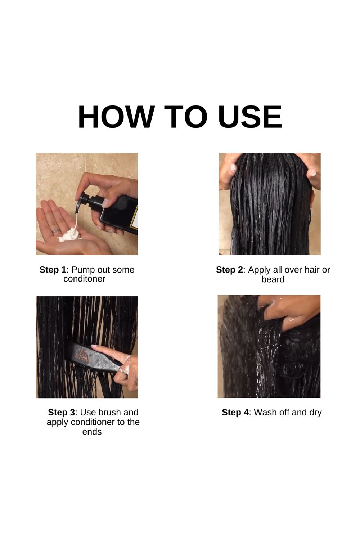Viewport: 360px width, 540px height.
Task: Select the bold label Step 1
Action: click(x=53, y=270)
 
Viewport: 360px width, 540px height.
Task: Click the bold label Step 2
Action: click(x=229, y=270)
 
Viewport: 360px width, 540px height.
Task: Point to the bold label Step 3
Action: click(x=62, y=412)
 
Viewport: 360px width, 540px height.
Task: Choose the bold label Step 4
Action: click(x=235, y=412)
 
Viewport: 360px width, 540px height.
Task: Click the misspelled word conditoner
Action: click(x=84, y=279)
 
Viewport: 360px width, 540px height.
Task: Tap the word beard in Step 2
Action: click(x=273, y=279)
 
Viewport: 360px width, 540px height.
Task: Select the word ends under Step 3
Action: click(x=92, y=432)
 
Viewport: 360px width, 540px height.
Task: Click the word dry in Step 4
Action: click(x=315, y=413)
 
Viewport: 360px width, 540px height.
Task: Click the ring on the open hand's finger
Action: click(x=55, y=231)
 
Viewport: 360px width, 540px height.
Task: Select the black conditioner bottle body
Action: click(x=120, y=215)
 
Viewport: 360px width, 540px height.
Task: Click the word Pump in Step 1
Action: click(x=83, y=270)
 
